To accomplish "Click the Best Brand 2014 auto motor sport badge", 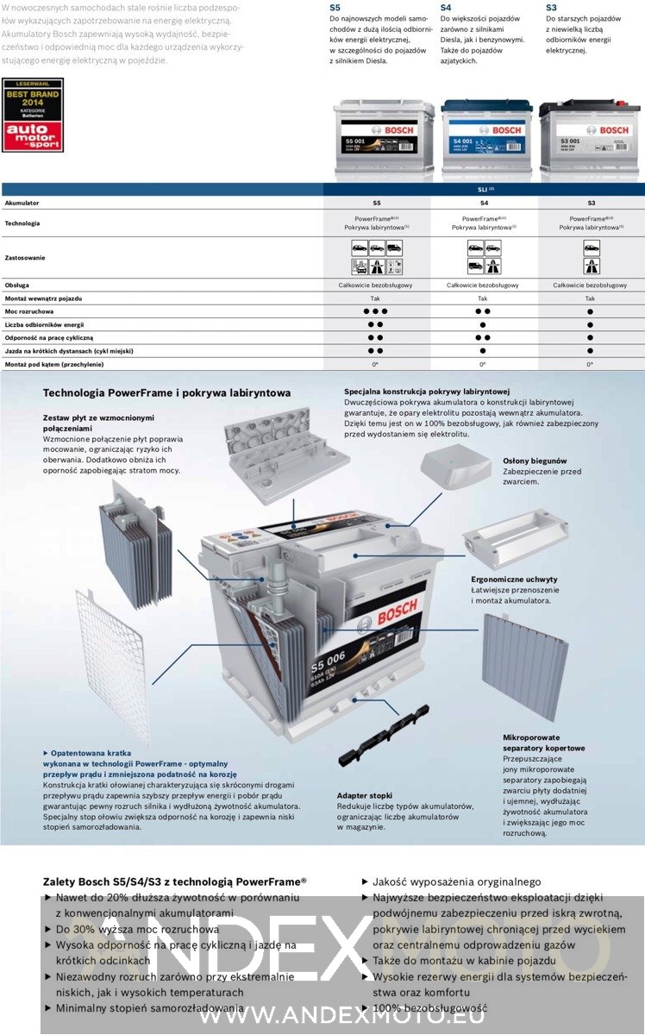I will pyautogui.click(x=33, y=115).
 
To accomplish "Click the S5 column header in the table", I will pyautogui.click(x=376, y=203).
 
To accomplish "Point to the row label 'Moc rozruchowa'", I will pyautogui.click(x=29, y=310).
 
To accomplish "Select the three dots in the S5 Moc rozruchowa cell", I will pyautogui.click(x=376, y=310).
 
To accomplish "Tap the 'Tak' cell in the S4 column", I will pyautogui.click(x=483, y=298).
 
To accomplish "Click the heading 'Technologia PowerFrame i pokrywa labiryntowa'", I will pyautogui.click(x=166, y=392).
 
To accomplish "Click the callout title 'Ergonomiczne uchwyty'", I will pyautogui.click(x=514, y=579).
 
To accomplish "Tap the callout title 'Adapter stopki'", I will pyautogui.click(x=365, y=795).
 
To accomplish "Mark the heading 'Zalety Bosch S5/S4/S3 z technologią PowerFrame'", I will pyautogui.click(x=174, y=882).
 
